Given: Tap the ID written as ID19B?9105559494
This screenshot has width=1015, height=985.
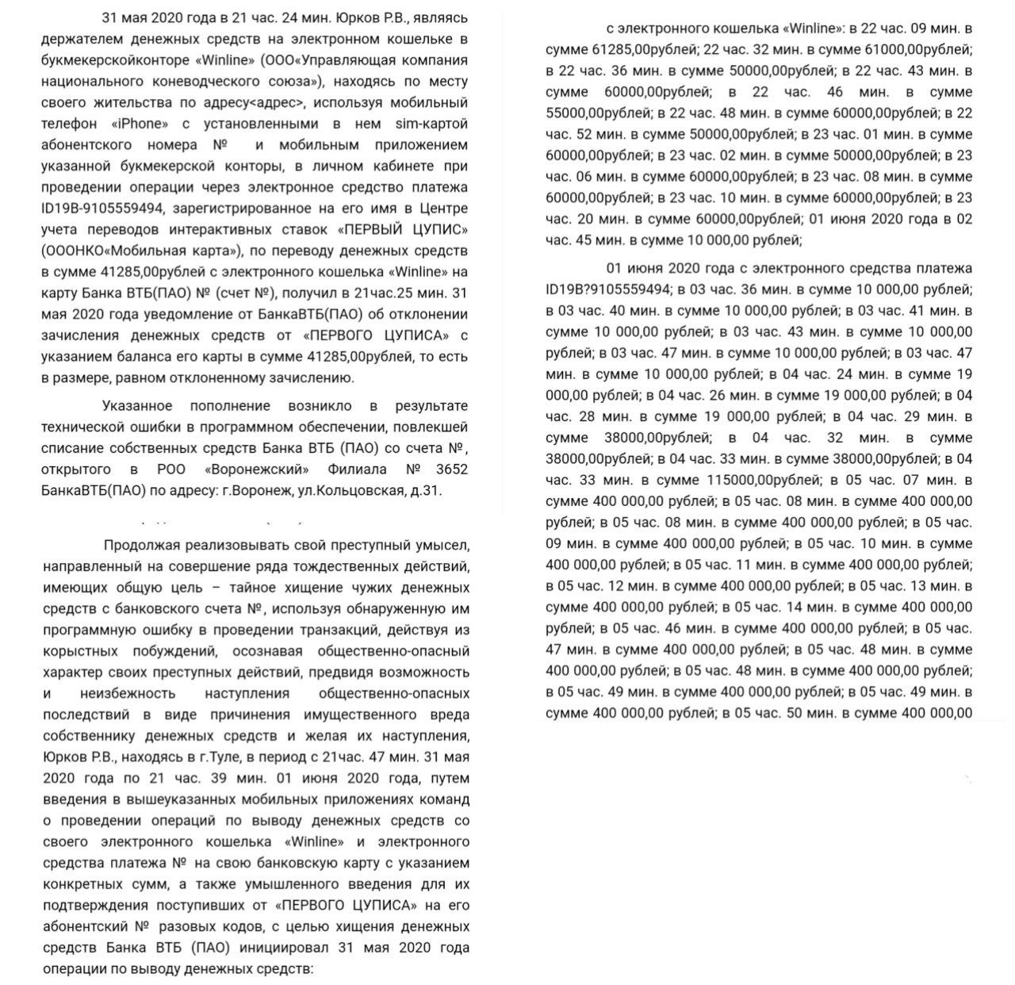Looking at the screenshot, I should [609, 289].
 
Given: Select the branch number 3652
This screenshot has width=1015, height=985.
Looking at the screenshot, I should [449, 470].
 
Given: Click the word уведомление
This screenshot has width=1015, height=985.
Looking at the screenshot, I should [181, 314].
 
